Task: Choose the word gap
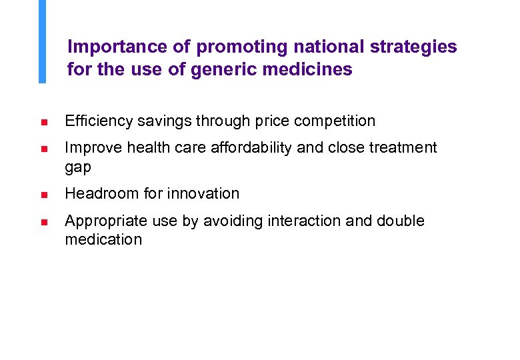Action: click(77, 167)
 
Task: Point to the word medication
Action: click(103, 240)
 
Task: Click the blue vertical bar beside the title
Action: click(42, 41)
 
